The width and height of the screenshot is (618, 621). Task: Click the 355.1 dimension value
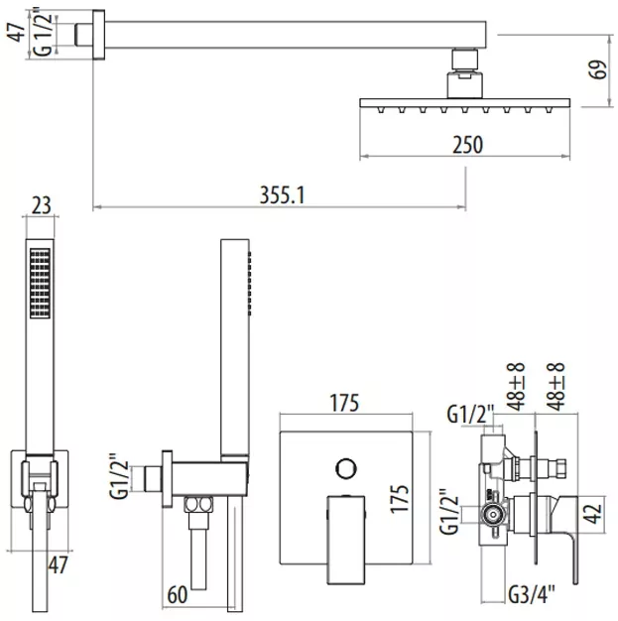282,195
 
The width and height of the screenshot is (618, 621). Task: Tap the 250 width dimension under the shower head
468,145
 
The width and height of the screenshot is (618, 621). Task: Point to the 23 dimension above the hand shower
42,205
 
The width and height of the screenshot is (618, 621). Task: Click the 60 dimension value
178,594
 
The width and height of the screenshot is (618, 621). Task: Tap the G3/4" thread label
532,594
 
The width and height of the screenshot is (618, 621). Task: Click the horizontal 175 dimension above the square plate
344,403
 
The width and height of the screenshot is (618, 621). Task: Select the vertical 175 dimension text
400,499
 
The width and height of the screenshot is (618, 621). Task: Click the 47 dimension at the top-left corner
16,32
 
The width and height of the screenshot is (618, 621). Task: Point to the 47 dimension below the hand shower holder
58,564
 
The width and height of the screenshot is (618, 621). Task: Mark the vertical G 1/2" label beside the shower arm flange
42,35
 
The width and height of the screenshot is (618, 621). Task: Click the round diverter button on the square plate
346,468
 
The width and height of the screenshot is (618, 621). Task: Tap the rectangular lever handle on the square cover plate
346,540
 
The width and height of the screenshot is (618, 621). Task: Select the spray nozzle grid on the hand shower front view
41,283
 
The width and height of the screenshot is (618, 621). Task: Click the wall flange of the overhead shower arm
98,35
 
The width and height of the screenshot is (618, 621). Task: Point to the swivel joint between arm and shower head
465,73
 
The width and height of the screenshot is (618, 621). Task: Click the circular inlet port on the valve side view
493,515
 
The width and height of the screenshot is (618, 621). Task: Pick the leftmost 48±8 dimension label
516,386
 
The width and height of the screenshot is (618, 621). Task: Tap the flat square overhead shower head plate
465,103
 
